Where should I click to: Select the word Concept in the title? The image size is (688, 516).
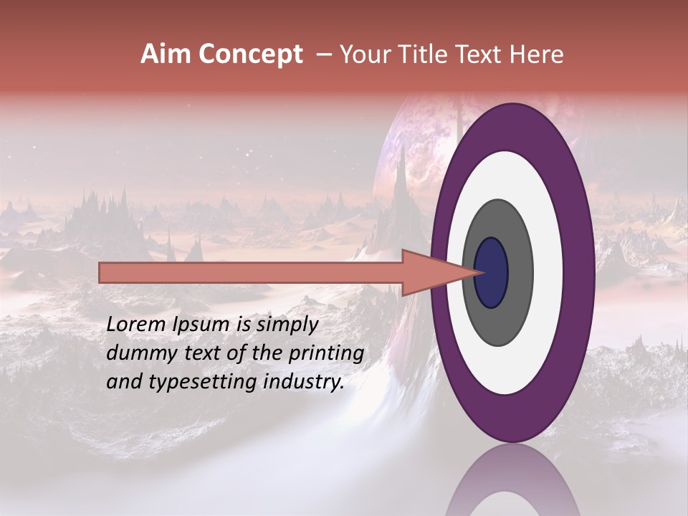pos(251,54)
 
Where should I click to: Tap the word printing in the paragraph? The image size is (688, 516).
pos(327,354)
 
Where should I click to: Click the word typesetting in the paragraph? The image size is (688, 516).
pos(202,383)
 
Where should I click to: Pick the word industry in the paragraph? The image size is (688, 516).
pos(305,382)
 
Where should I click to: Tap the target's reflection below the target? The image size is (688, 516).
pos(512,480)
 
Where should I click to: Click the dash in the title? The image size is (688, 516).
pos(323,54)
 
